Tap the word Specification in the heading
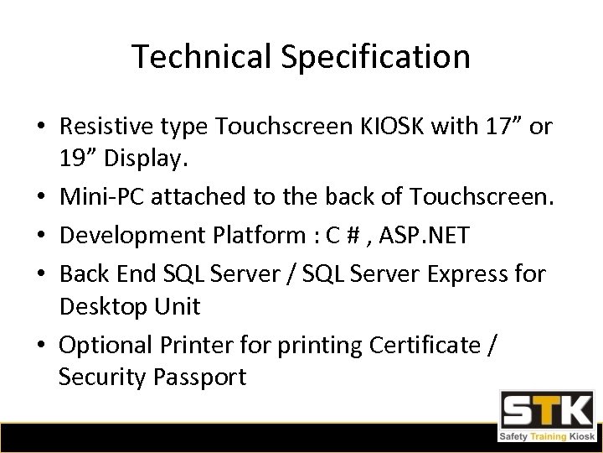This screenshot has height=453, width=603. click(x=372, y=57)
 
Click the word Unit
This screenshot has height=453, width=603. click(x=178, y=306)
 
